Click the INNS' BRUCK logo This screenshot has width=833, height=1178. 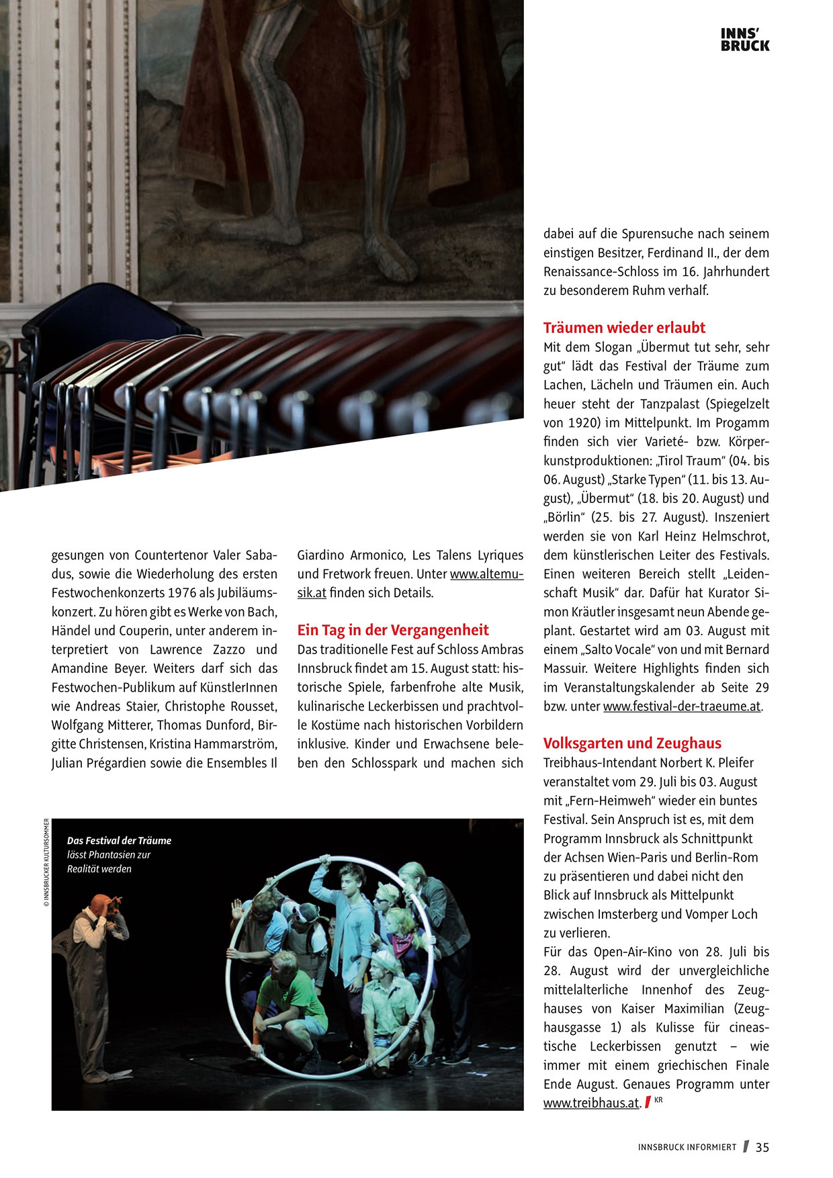(x=744, y=40)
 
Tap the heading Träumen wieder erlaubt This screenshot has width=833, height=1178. (x=624, y=328)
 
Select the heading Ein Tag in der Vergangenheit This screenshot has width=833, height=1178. (x=393, y=630)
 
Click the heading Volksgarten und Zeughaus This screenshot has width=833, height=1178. (x=632, y=743)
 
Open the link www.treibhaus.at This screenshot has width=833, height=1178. (x=591, y=1103)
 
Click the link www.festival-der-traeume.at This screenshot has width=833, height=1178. (x=682, y=706)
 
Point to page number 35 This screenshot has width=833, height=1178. (x=762, y=1147)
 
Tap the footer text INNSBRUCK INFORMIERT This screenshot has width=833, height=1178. (x=687, y=1148)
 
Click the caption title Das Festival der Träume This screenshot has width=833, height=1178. (x=119, y=840)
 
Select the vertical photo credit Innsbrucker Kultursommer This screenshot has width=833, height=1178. (x=46, y=863)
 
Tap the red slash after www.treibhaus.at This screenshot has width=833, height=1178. (x=648, y=1102)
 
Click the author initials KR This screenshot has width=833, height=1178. (x=658, y=1099)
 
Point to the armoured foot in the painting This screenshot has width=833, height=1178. (x=390, y=259)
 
